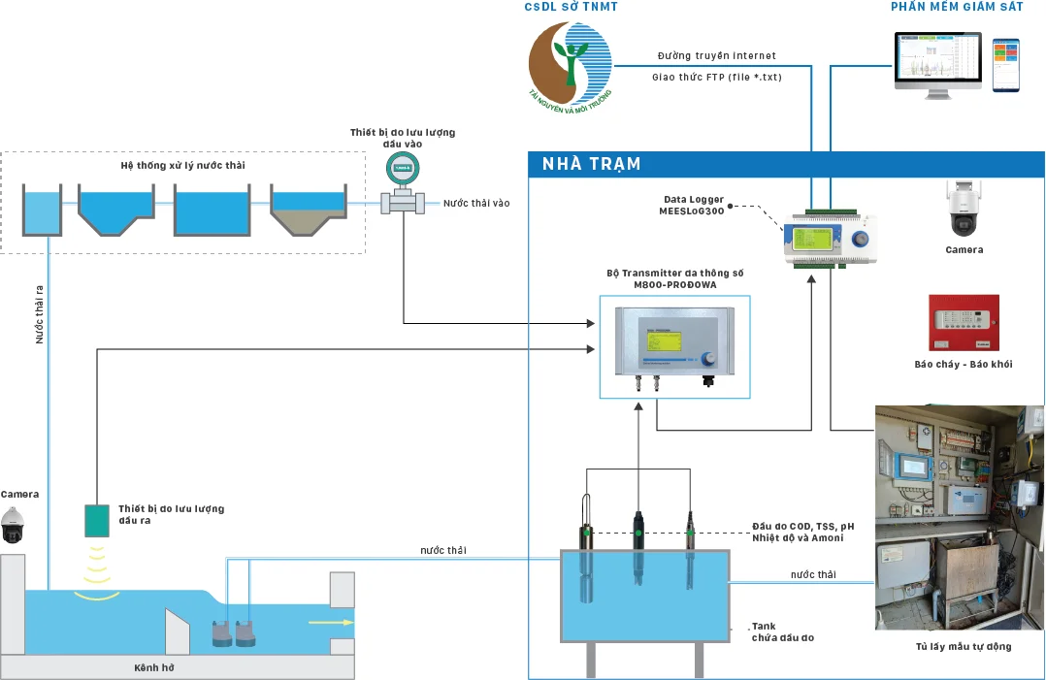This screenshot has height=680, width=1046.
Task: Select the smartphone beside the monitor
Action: click(1005, 65)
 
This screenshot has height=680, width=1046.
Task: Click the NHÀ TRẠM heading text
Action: click(592, 164)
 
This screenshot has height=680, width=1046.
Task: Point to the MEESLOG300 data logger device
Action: click(831, 239)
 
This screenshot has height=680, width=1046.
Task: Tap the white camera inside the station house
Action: click(964, 210)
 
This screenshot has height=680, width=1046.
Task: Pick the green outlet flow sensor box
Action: click(97, 521)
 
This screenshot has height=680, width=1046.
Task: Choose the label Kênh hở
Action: click(153, 667)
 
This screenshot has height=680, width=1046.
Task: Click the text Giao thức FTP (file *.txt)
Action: click(717, 76)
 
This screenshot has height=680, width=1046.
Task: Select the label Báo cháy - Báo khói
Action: click(964, 364)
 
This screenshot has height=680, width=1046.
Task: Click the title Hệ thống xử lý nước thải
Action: click(183, 165)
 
